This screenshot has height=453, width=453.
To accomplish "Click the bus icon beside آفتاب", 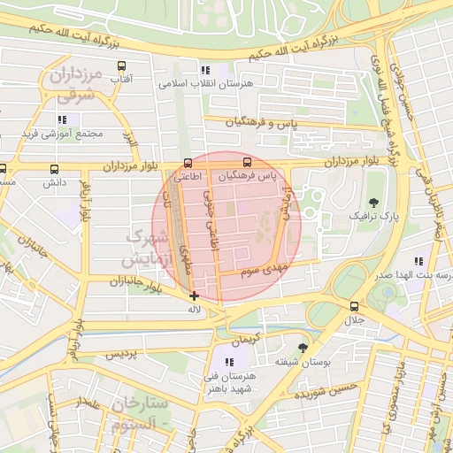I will pos(121,65).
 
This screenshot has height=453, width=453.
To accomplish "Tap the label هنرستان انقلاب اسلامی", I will pos(205,84).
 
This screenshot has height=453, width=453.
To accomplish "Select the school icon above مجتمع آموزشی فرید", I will pos(62,119).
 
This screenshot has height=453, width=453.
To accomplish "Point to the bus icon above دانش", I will pos(55,169).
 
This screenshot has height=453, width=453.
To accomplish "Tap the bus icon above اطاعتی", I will pos(188,163).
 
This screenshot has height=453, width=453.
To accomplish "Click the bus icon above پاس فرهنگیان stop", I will pos(248,163).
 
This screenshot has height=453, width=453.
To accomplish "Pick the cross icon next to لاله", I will pos(195,296).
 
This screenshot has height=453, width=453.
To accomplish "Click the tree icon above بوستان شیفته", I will pos(303,348).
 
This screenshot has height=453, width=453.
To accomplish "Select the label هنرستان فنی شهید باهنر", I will pos(230,381).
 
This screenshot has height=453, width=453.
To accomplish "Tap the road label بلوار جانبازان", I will pos(128,281).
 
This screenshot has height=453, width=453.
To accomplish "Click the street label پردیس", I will pos(123,354).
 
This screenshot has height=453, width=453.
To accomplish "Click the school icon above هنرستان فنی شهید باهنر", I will pos(230,362).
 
